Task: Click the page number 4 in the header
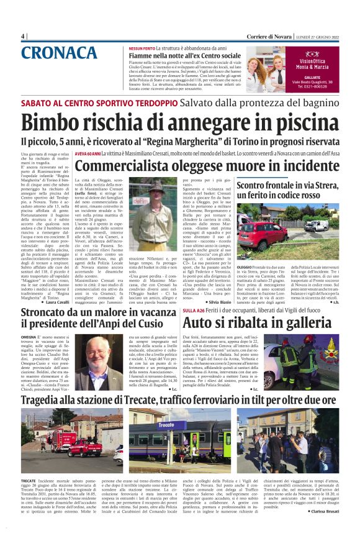24,36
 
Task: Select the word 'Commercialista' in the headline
124,166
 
